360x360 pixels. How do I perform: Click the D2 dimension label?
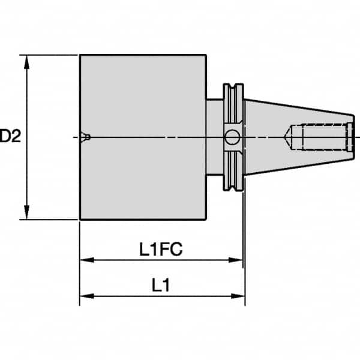10,137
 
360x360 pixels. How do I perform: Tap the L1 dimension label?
161,286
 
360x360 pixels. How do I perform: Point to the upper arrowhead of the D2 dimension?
26,61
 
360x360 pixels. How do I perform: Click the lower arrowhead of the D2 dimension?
26,214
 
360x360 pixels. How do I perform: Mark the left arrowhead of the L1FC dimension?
85,260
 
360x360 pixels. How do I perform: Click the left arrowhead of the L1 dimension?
85,296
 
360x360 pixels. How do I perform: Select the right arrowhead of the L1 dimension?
239,296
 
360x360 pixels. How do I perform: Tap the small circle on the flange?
232,138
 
